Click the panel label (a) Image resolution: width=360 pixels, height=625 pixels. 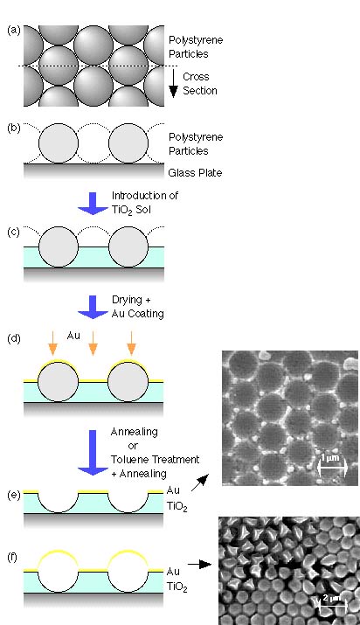(13, 31)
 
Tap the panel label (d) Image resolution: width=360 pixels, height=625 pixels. (13, 339)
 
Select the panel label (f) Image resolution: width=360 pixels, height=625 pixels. (12, 557)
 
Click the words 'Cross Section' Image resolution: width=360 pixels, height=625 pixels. (200, 83)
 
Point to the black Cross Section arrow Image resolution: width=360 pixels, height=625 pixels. (173, 83)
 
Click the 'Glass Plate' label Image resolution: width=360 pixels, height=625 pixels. (195, 172)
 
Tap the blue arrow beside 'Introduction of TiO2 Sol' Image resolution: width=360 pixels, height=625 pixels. (93, 204)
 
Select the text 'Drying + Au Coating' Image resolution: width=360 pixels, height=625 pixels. (138, 307)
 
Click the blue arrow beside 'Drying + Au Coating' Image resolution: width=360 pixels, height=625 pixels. (93, 307)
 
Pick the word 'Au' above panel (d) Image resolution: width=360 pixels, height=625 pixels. (73, 336)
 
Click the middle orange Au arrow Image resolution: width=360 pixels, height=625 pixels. (93, 344)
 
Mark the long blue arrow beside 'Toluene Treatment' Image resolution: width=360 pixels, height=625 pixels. (93, 453)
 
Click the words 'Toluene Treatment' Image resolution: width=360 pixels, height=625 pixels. (155, 459)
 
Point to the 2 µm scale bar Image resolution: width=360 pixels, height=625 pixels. (333, 606)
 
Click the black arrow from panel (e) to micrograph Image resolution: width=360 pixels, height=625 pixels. (200, 483)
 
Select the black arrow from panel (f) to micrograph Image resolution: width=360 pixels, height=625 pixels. (199, 564)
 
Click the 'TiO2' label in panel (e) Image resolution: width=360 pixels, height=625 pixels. (177, 507)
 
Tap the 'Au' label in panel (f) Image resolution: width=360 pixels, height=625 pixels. (173, 571)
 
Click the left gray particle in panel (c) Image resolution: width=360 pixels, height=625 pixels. (59, 247)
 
